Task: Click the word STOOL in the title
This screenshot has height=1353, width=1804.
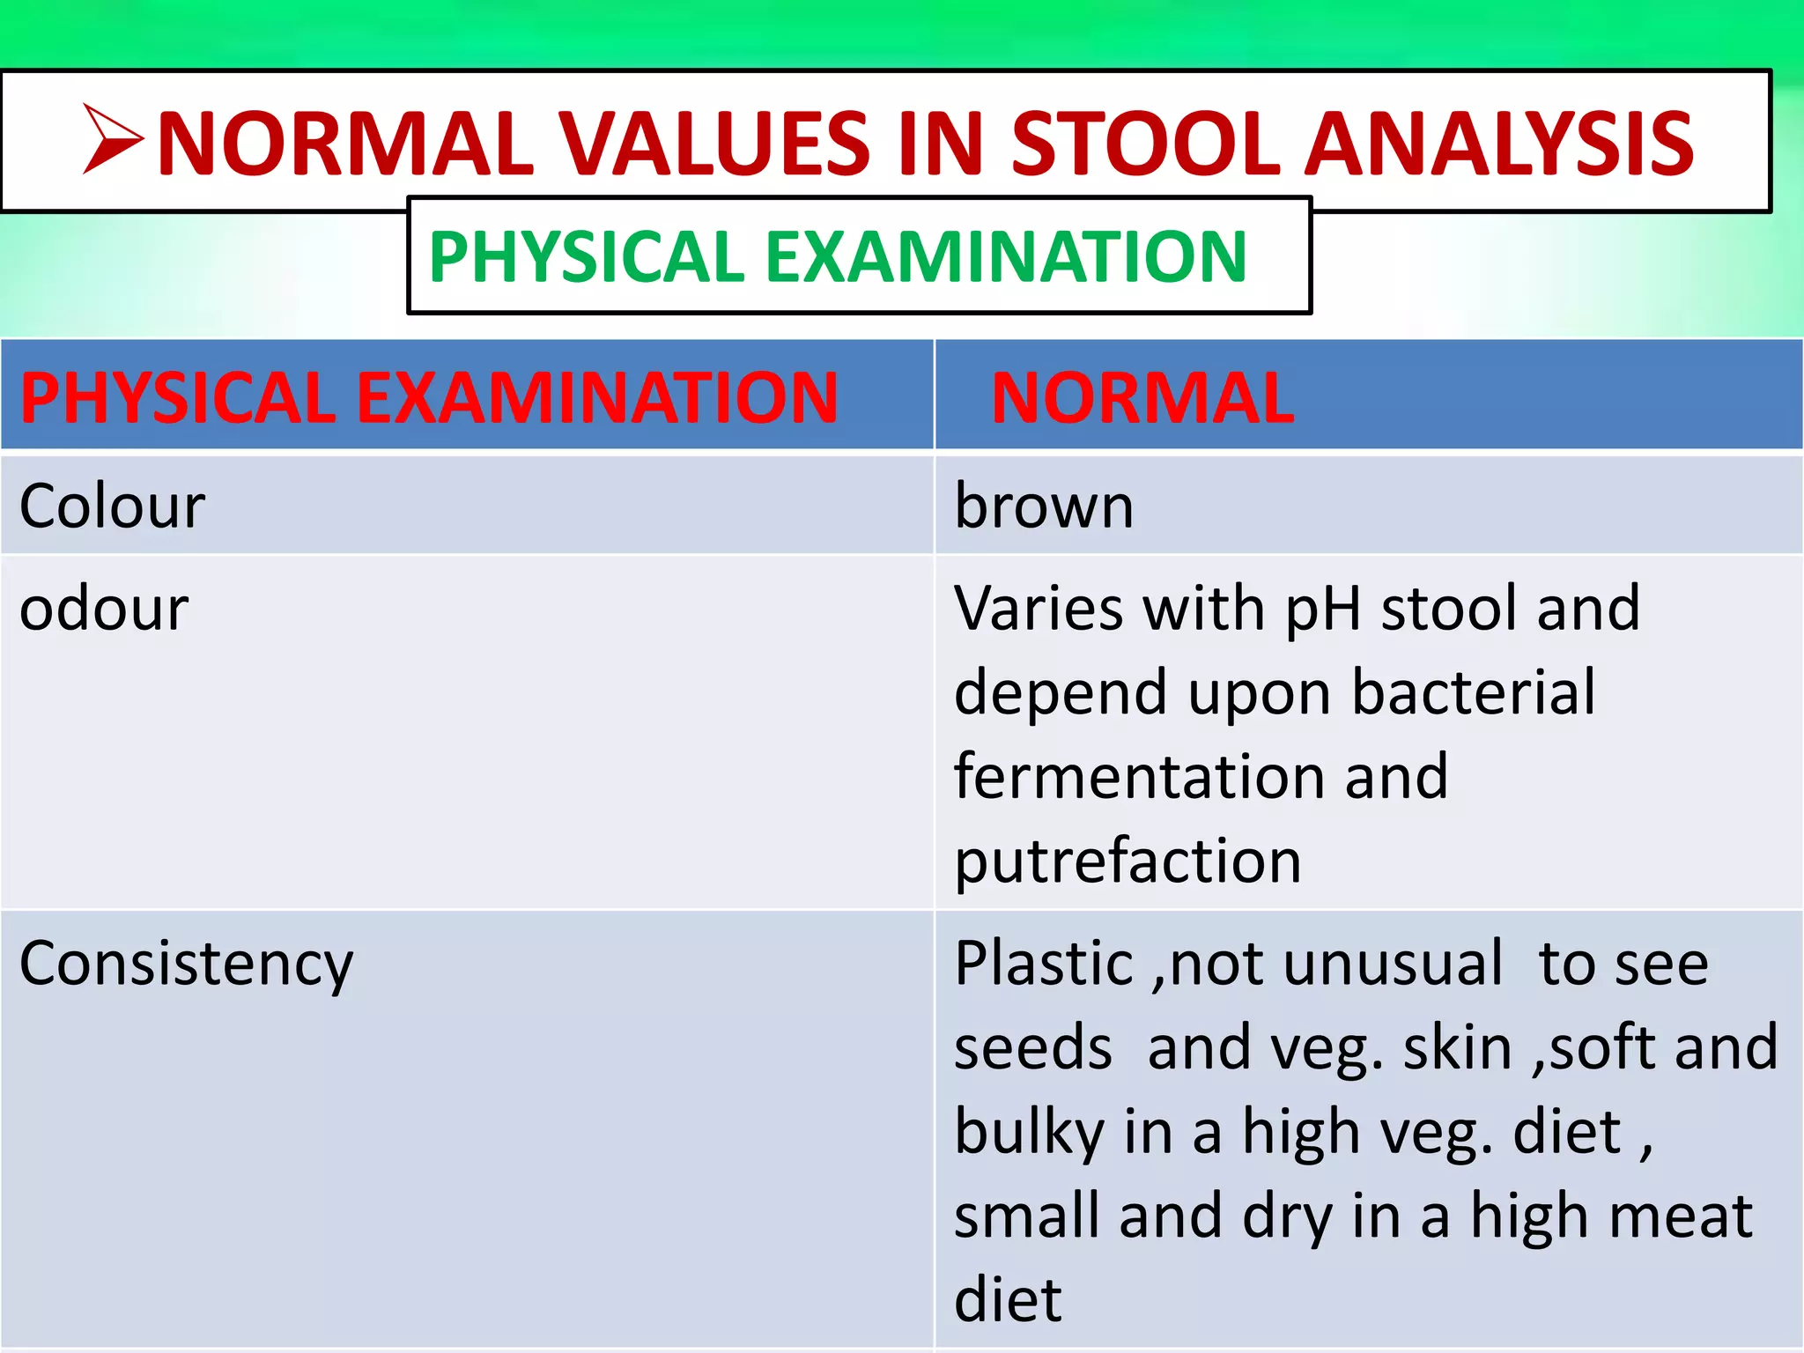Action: click(1146, 144)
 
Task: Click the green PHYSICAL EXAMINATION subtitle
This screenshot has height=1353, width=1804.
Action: click(838, 256)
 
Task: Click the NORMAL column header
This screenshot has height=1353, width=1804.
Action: click(1142, 398)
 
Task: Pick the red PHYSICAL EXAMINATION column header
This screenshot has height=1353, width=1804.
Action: click(429, 398)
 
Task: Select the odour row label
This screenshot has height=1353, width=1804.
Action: click(104, 609)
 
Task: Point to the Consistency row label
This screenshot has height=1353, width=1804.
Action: click(186, 964)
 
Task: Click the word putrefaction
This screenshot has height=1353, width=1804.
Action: click(1127, 861)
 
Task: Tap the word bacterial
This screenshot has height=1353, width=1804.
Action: click(1473, 692)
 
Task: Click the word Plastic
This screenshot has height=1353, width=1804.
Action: click(1044, 964)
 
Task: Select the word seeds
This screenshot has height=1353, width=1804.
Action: click(1032, 1048)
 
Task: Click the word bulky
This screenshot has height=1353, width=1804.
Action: click(1029, 1132)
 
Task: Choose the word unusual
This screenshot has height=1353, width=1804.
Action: click(1393, 964)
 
